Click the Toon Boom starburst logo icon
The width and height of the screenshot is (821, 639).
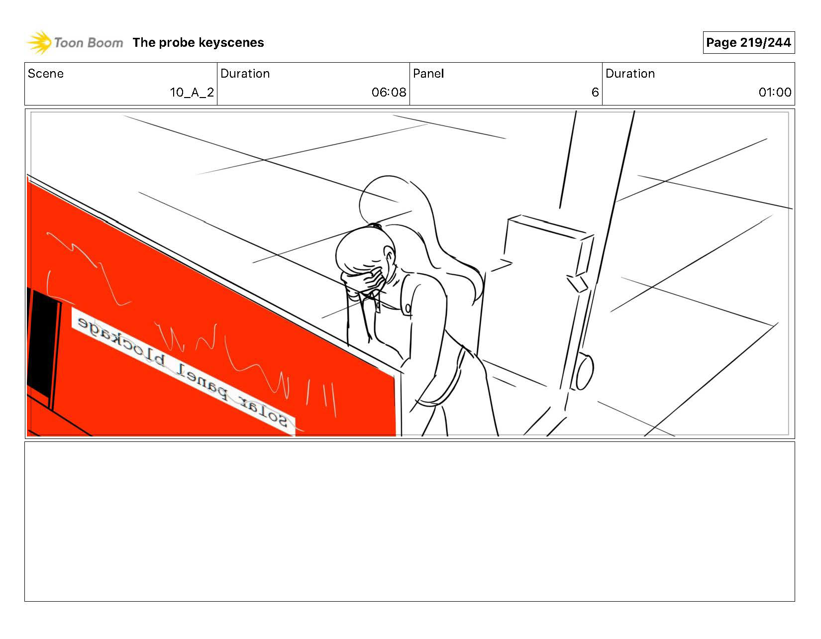(x=39, y=42)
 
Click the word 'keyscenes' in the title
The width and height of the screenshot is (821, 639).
(x=231, y=43)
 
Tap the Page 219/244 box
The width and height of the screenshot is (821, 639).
(x=748, y=43)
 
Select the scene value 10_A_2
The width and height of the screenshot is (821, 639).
(x=192, y=93)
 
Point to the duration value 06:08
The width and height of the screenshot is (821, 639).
(x=389, y=93)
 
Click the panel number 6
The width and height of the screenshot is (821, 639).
(x=595, y=93)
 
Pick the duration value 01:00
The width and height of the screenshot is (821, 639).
(x=775, y=93)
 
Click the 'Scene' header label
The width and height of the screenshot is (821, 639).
(x=46, y=74)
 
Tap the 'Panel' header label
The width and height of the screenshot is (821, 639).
(x=428, y=74)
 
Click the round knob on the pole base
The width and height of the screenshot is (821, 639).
(x=585, y=371)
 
